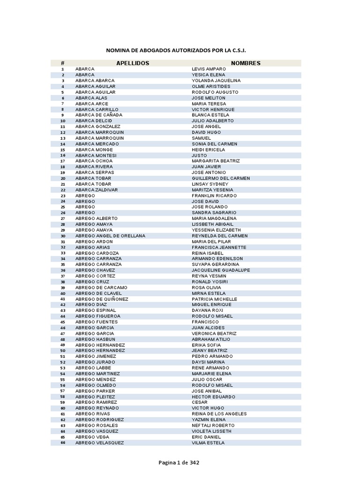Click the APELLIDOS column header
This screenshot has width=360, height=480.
[133, 63]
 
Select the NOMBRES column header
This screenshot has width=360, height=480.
[246, 63]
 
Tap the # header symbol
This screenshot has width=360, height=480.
[62, 63]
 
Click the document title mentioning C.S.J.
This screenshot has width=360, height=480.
[176, 50]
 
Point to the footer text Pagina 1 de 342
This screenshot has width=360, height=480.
[179, 463]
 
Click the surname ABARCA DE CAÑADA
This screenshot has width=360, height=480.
[99, 115]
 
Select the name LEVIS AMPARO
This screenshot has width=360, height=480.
[209, 69]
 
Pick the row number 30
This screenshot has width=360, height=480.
[63, 236]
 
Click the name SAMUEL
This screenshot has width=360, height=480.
[202, 138]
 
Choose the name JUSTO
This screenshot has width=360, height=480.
[199, 155]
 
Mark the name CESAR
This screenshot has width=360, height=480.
[200, 402]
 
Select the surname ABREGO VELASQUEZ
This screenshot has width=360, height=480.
[100, 442]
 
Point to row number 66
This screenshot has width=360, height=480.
[63, 442]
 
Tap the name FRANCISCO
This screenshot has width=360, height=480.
[205, 322]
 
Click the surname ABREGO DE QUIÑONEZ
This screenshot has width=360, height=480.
[102, 299]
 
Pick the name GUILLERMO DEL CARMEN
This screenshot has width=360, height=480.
[221, 178]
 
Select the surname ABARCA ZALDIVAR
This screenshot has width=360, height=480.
[97, 190]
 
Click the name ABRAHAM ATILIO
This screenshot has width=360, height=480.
[211, 339]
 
